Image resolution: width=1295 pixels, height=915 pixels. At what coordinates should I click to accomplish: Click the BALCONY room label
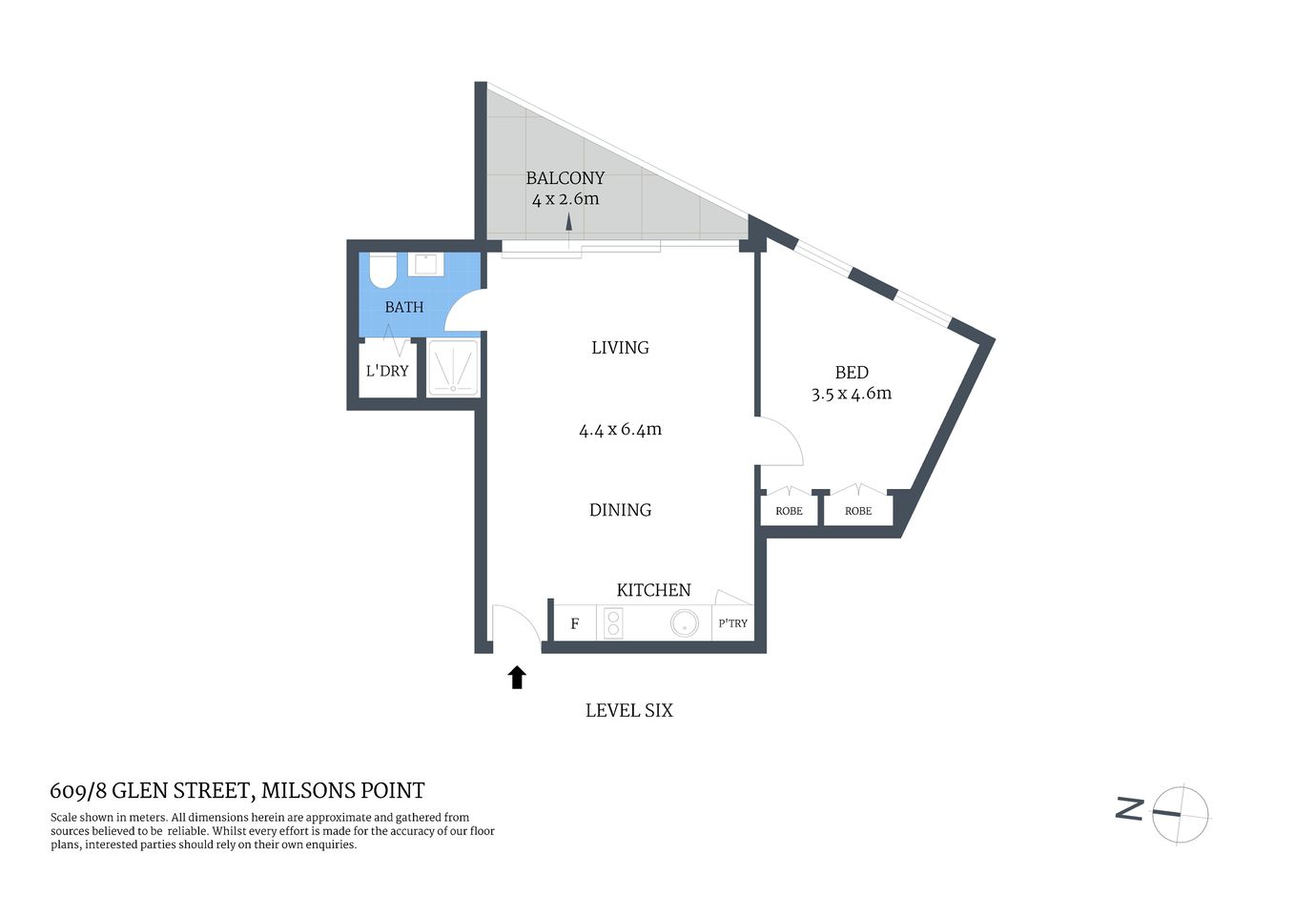tap(565, 178)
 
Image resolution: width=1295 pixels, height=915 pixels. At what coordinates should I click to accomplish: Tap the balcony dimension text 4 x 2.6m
tap(565, 199)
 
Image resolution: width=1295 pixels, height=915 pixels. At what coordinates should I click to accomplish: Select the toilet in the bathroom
tap(382, 271)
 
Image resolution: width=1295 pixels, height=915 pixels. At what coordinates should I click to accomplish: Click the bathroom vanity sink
tap(425, 264)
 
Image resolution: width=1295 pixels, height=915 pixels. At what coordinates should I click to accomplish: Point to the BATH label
tap(403, 307)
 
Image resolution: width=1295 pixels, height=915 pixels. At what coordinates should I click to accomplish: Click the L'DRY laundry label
tap(386, 371)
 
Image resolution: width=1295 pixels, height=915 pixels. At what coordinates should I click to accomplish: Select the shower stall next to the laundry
tap(453, 369)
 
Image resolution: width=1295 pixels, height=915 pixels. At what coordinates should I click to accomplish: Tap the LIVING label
tap(620, 348)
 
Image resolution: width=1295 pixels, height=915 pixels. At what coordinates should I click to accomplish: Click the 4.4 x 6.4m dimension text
tap(620, 430)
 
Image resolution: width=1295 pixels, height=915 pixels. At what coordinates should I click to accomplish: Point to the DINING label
tap(620, 510)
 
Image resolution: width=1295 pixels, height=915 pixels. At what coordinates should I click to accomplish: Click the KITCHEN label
tap(653, 590)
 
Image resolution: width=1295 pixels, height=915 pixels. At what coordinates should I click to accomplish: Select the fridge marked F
tap(575, 624)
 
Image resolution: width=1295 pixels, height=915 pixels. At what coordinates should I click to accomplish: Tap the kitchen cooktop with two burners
tap(613, 623)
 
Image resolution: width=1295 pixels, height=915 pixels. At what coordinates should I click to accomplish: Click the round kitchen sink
tap(684, 624)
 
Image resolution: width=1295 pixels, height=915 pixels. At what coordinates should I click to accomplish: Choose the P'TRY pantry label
tap(732, 623)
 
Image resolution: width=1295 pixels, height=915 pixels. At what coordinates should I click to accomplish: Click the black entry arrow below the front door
tap(517, 678)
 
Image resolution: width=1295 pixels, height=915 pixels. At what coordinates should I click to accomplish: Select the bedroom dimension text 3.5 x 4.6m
tap(851, 394)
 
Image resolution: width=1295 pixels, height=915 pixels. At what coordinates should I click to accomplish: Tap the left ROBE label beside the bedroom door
tap(789, 511)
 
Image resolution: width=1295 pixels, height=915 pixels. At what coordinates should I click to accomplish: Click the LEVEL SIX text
tap(628, 710)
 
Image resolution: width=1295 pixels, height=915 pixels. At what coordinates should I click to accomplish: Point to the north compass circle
tap(1181, 814)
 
